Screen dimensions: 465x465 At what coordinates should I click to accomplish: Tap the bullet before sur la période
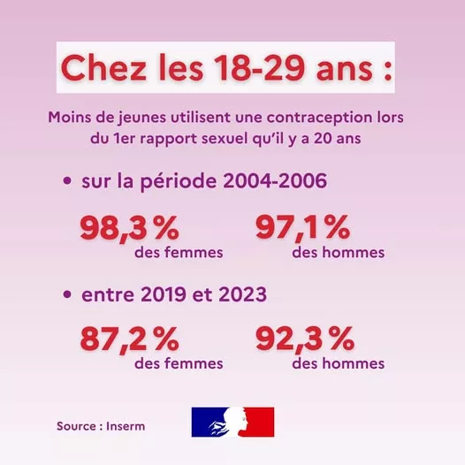click(67, 181)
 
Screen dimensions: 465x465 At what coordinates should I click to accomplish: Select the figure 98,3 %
click(129, 229)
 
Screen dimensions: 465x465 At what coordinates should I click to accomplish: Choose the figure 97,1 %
click(303, 229)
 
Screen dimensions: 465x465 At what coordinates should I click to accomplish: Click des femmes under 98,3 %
click(179, 253)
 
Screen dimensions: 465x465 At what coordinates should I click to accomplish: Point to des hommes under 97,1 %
click(338, 253)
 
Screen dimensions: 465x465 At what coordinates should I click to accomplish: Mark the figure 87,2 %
click(129, 339)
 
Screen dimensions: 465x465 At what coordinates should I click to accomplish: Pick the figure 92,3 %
click(304, 339)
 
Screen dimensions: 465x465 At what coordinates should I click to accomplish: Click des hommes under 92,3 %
click(338, 363)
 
